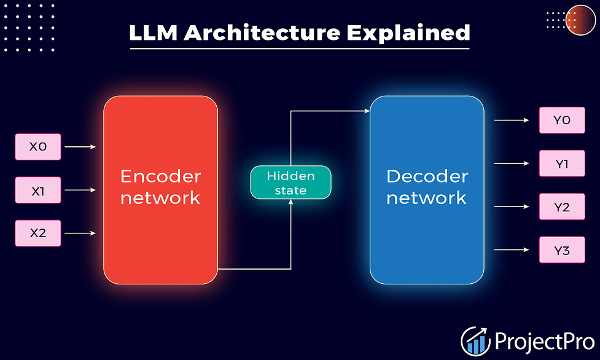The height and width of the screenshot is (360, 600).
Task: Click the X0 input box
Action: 38,147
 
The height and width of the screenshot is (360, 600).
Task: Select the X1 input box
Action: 38,190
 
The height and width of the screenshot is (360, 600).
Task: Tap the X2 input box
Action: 38,233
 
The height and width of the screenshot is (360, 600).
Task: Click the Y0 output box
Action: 562,120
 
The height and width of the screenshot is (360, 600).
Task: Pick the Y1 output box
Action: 562,163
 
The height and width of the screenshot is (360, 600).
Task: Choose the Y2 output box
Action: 562,207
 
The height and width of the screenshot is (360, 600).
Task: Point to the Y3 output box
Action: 562,249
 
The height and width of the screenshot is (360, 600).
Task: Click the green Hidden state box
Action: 291,182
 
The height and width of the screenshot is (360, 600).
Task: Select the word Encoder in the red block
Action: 161,176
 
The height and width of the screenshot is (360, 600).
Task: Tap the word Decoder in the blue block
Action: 427,176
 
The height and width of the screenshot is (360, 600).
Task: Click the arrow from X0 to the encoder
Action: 80,147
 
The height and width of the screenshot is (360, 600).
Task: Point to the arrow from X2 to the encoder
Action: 80,233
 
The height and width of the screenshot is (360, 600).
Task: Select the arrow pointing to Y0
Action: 512,120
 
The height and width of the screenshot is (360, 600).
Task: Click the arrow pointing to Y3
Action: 512,249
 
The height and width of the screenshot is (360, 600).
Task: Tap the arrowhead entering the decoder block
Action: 367,111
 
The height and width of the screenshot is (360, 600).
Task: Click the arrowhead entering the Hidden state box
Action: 291,202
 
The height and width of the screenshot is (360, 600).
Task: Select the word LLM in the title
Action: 154,33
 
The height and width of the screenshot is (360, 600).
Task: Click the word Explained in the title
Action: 408,33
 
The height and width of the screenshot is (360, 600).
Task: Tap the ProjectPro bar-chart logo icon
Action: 475,341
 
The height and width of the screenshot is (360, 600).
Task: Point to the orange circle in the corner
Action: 580,20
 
